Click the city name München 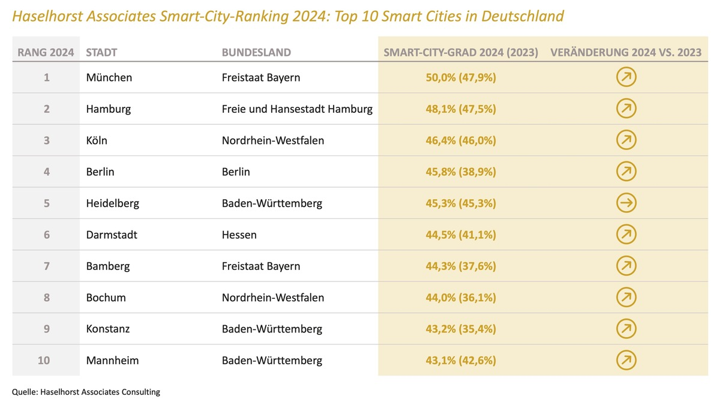109,77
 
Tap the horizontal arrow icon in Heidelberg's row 626,203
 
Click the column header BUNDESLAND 256,52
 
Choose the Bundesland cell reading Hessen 239,235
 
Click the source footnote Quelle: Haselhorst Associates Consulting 86,392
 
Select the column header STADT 101,52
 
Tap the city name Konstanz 108,329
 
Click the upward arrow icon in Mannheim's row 626,360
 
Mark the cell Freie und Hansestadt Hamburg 297,109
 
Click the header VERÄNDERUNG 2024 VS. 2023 626,52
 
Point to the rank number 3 46,140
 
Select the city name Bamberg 108,266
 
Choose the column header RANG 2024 46,52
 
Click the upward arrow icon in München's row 626,77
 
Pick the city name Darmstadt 112,235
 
